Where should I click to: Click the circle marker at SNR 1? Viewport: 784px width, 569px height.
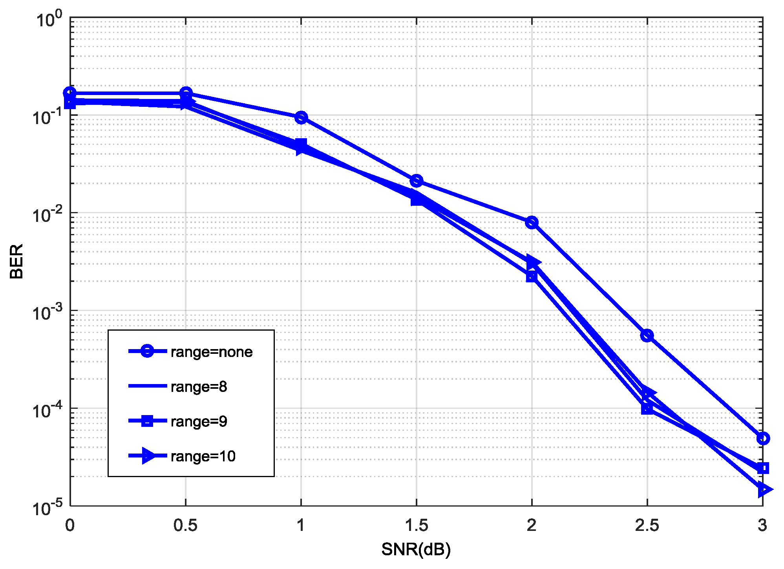pos(301,117)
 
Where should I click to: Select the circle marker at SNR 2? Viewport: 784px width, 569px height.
pos(532,222)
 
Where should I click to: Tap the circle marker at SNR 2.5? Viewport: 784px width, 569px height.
pos(647,335)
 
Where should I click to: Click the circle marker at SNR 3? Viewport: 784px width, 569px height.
pos(762,438)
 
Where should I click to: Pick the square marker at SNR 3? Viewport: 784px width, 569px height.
pos(762,468)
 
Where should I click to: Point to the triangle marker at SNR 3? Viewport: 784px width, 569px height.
pos(763,489)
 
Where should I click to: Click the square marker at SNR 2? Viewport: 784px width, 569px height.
pos(532,276)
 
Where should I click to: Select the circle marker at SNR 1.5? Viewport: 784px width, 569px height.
pos(416,181)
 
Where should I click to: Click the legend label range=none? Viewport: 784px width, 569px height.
pos(211,352)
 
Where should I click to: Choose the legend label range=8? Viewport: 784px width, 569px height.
pos(199,387)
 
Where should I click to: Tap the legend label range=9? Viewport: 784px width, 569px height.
pos(199,421)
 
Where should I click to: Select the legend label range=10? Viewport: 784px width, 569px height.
pos(203,456)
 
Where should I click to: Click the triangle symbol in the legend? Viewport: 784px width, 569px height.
pos(148,456)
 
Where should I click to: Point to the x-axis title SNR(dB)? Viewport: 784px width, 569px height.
pos(416,549)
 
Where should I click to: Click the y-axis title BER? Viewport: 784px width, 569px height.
pos(16,261)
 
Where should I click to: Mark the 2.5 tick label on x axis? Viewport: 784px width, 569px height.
pos(647,525)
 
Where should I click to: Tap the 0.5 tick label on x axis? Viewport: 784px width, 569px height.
pos(185,525)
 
